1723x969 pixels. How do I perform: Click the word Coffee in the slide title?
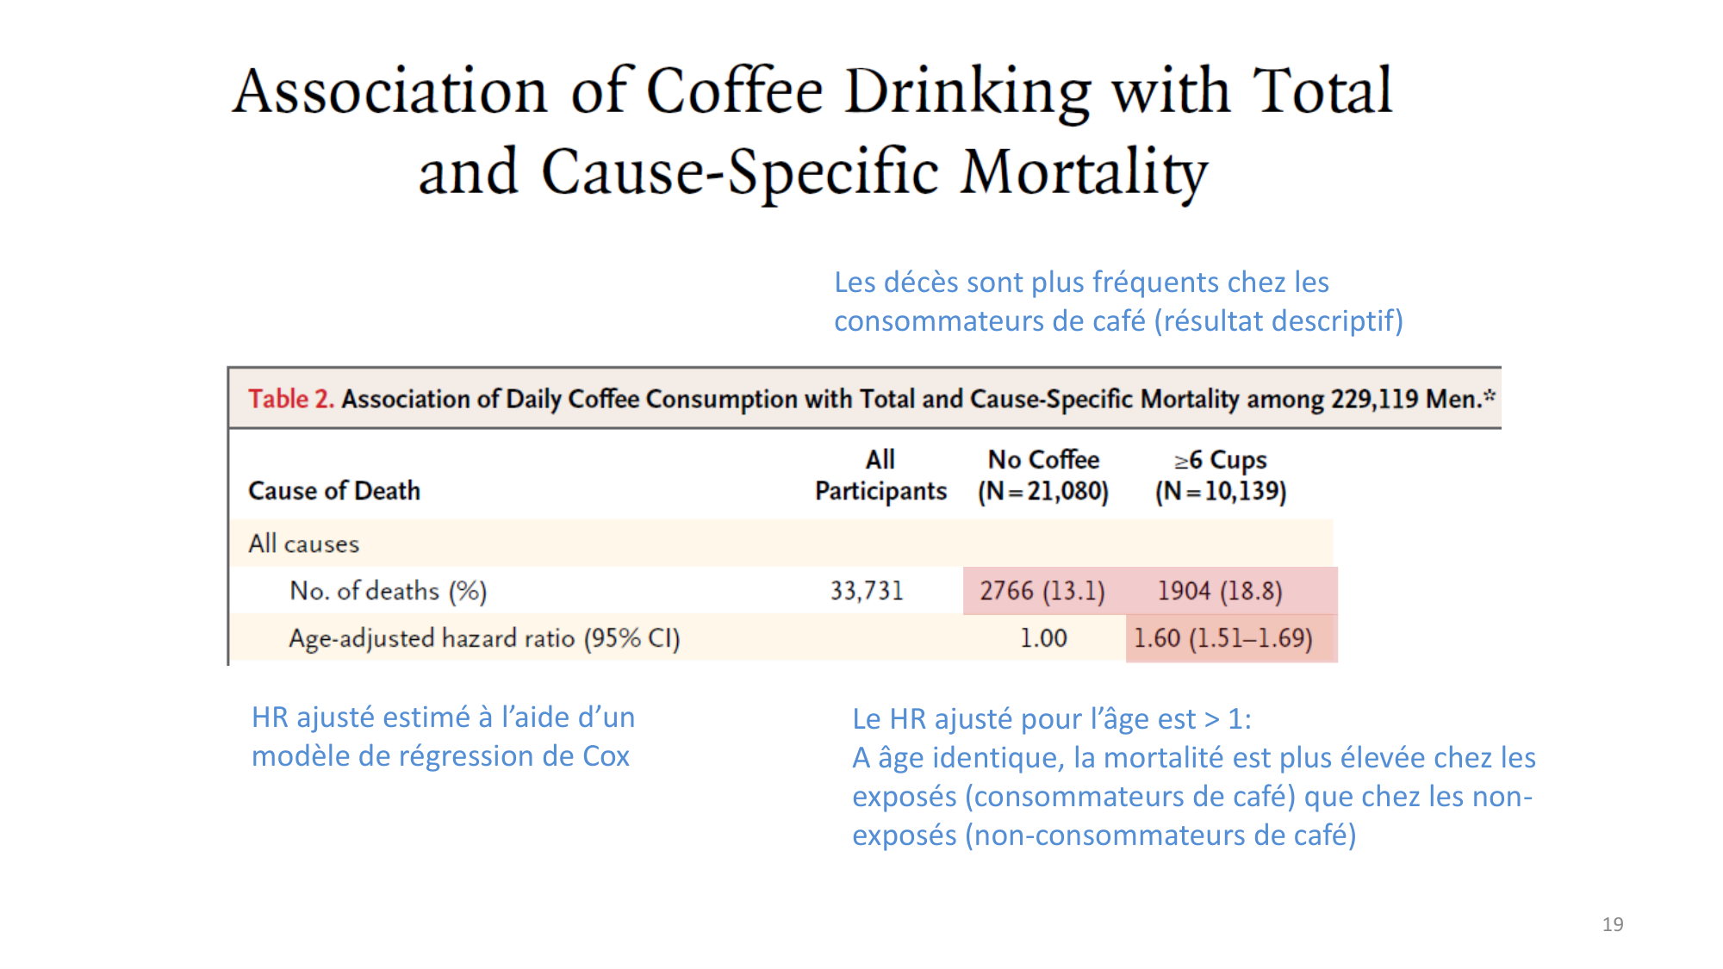[734, 91]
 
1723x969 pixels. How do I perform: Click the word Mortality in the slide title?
[1084, 172]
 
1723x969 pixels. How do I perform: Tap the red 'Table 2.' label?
[290, 399]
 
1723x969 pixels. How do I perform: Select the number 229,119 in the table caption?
[1374, 399]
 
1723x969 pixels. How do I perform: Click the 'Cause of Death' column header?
[334, 490]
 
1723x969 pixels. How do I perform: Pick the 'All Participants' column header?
[880, 475]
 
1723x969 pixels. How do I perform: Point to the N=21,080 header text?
[1043, 491]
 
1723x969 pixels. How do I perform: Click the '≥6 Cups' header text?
[1221, 460]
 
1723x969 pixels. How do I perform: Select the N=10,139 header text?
[1221, 491]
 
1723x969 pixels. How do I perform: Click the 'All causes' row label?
[303, 544]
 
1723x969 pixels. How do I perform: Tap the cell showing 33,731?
[867, 591]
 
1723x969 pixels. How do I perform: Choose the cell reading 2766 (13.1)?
[1042, 591]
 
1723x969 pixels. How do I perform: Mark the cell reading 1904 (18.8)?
[1219, 591]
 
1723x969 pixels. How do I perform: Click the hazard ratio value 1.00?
[1043, 638]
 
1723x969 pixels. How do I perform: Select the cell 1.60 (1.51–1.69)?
[1222, 638]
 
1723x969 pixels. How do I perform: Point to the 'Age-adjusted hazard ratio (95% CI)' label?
[484, 638]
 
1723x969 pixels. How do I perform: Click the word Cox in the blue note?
[606, 756]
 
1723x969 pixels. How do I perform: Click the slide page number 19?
[1612, 924]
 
